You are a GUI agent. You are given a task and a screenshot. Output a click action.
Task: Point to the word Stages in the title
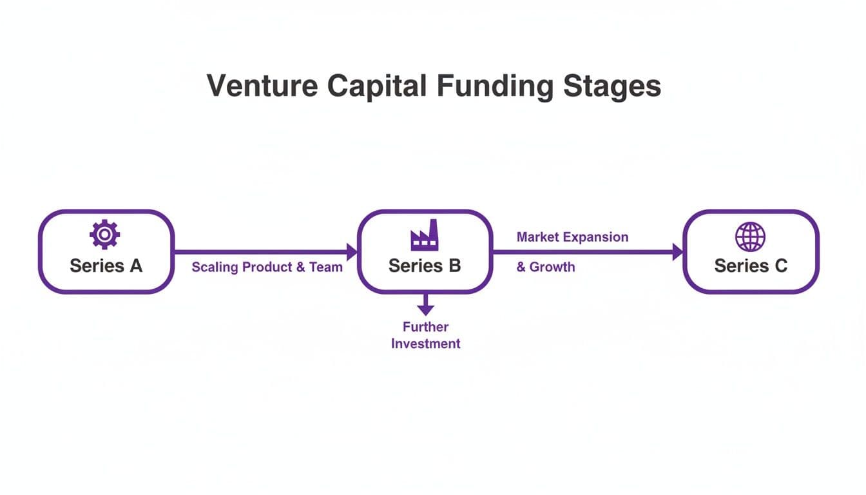pyautogui.click(x=613, y=86)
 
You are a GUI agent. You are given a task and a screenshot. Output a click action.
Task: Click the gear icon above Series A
pyautogui.click(x=104, y=235)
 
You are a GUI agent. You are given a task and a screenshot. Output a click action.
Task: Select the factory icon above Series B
pyautogui.click(x=425, y=235)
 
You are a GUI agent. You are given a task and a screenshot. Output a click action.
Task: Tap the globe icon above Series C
pyautogui.click(x=750, y=237)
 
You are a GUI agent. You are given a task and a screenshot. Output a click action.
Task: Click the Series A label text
pyautogui.click(x=106, y=266)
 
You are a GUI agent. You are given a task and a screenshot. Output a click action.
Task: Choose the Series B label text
pyautogui.click(x=425, y=266)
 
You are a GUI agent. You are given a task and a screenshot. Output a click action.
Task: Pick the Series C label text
pyautogui.click(x=751, y=266)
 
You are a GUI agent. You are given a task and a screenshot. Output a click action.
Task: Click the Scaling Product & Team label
pyautogui.click(x=267, y=267)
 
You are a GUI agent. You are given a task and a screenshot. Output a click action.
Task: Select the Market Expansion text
pyautogui.click(x=572, y=237)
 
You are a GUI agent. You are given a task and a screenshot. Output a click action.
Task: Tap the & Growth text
pyautogui.click(x=545, y=267)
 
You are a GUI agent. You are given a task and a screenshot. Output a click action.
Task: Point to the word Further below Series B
pyautogui.click(x=425, y=327)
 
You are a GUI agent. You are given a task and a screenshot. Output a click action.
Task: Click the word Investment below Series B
pyautogui.click(x=425, y=344)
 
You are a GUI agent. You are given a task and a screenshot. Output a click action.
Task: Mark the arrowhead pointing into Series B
pyautogui.click(x=352, y=252)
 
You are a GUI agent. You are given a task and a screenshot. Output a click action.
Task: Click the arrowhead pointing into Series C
pyautogui.click(x=677, y=252)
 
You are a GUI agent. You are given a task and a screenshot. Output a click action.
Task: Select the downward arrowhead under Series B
pyautogui.click(x=425, y=309)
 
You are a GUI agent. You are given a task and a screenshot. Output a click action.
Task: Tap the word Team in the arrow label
pyautogui.click(x=326, y=267)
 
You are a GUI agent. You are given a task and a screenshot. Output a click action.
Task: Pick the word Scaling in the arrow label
pyautogui.click(x=215, y=267)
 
